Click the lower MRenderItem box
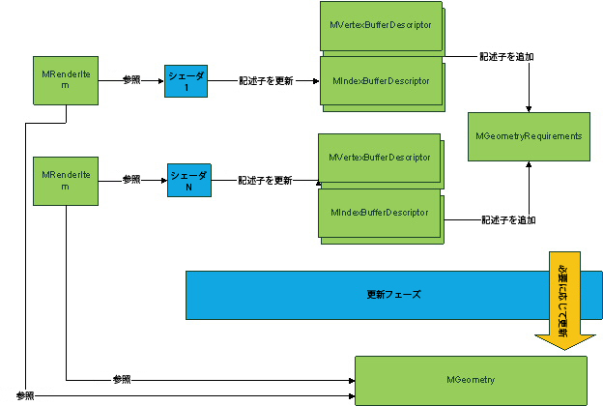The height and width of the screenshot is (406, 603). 66,180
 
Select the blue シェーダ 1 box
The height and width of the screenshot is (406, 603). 186,80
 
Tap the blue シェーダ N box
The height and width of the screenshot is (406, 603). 188,180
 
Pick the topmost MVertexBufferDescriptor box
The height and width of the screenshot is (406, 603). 380,26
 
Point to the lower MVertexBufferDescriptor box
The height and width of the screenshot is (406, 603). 378,159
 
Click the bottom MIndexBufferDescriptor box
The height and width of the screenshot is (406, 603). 379,213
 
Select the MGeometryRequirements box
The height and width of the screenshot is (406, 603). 529,136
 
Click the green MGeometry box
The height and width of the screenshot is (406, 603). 471,380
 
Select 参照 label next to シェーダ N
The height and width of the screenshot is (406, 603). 131,180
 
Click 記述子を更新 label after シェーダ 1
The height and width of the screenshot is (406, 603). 266,80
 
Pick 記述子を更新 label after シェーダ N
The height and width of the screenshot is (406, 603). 266,180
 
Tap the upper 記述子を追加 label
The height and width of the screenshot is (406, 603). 507,56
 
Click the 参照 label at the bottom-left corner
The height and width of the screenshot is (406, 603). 25,395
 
